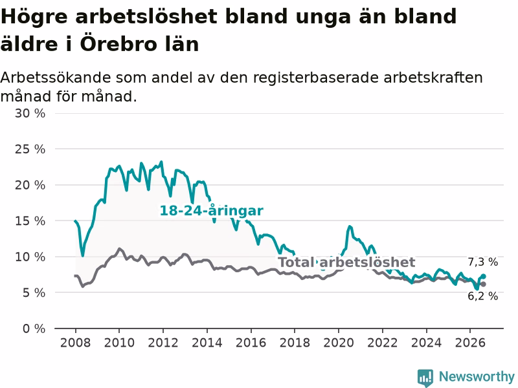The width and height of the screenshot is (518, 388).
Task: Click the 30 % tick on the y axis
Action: pos(30,114)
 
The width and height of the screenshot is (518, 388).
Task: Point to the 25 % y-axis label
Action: pos(30,149)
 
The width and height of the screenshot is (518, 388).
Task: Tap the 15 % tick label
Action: pos(30,221)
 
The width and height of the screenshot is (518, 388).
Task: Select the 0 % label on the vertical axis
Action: pos(34,329)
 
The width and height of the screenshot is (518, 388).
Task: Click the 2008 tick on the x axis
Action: pos(75,343)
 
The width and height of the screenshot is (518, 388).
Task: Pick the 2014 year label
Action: pos(207,343)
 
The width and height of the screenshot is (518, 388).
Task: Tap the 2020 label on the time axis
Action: pos(339,343)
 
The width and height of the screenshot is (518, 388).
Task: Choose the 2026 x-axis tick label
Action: pos(470,343)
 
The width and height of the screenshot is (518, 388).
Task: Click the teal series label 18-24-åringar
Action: pos(212,211)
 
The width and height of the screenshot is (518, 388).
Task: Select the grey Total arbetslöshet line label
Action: pos(346,263)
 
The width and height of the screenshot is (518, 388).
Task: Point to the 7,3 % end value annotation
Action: pos(482,262)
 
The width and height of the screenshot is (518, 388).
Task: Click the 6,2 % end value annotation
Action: pos(482,296)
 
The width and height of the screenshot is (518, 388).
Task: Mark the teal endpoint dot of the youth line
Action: pos(483,276)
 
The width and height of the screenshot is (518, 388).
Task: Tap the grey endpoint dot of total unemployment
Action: pos(483,284)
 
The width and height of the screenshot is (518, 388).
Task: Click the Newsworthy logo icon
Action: pos(425,378)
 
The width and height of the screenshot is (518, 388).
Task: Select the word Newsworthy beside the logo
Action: pos(477,376)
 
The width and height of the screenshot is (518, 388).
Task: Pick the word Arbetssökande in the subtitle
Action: pos(56,78)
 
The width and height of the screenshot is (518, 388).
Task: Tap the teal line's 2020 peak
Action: pos(350,226)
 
